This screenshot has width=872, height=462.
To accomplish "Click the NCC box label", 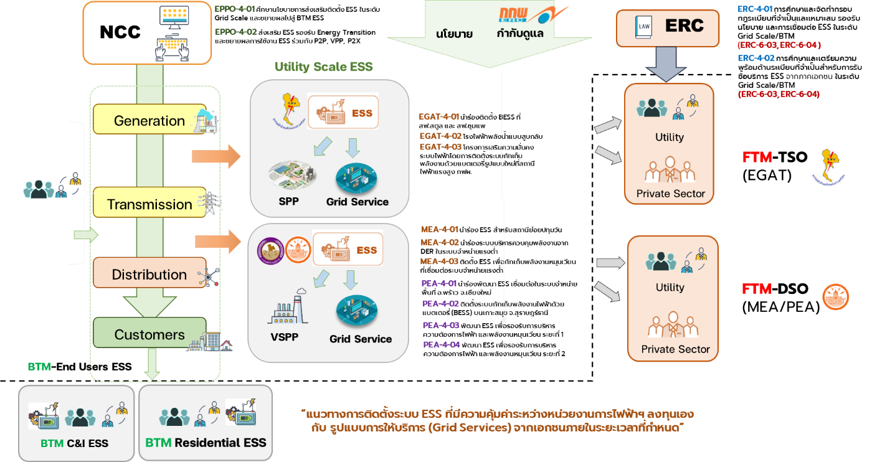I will (x=120, y=32).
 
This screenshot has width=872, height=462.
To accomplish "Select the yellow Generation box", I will (x=149, y=120).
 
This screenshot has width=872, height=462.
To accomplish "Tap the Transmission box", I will (x=149, y=204).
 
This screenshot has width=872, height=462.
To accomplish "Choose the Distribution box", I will (x=149, y=274).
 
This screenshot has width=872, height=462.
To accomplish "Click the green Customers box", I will (x=149, y=334).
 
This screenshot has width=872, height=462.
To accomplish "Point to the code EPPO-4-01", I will (x=235, y=9).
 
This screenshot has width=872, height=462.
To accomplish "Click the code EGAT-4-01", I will (x=439, y=116).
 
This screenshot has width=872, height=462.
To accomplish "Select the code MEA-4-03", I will (x=439, y=262).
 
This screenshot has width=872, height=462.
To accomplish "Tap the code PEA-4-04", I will (x=442, y=344).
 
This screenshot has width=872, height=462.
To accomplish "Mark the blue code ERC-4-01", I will (x=755, y=9).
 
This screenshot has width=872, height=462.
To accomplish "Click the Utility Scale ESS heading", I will (x=323, y=67).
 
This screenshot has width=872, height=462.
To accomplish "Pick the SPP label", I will (x=288, y=202).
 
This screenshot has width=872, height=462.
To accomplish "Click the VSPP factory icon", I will (x=288, y=308).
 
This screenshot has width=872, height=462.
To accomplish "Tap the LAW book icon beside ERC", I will (x=642, y=27).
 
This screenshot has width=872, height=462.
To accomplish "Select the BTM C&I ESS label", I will (x=74, y=443).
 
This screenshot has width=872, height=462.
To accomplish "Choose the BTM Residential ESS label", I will (x=206, y=443).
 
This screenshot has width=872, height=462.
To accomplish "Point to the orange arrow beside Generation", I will (x=216, y=156).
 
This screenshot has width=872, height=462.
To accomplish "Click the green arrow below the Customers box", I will (x=152, y=365).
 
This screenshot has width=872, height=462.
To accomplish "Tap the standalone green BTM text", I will (x=39, y=367).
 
